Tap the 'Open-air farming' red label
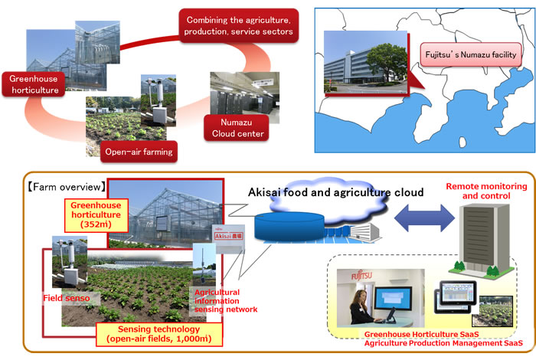pyautogui.click(x=139, y=152)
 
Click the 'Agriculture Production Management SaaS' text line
pyautogui.click(x=434, y=345)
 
